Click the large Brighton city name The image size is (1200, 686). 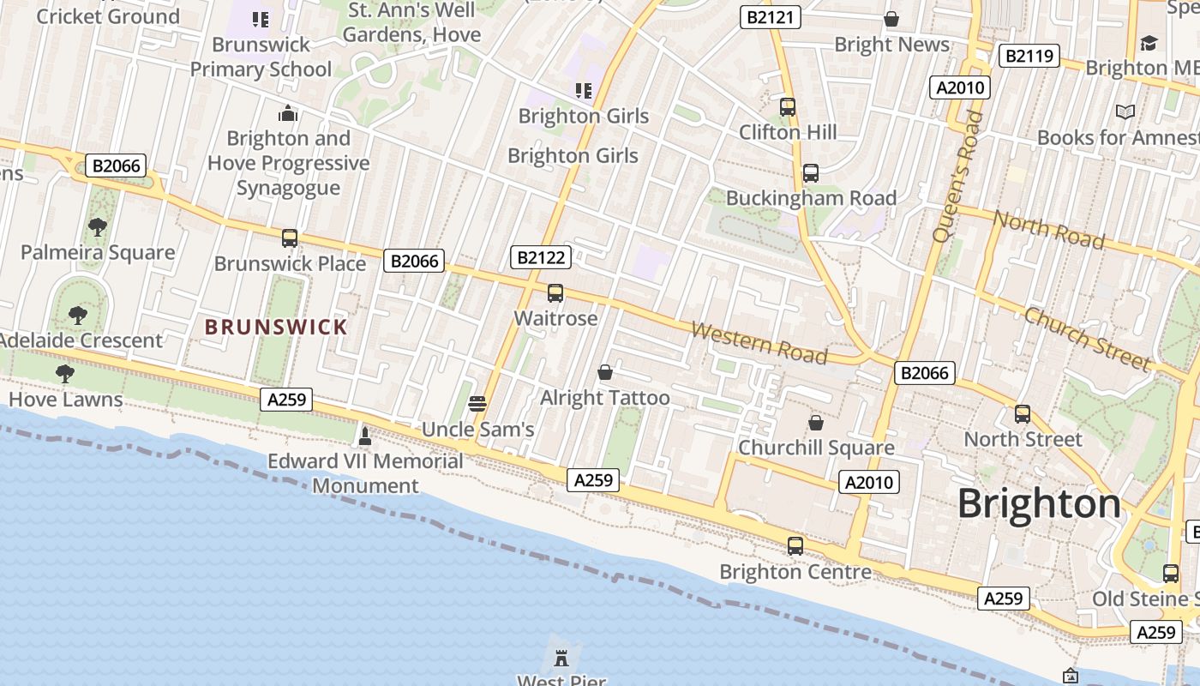(1039, 503)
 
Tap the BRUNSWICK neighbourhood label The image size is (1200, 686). (276, 327)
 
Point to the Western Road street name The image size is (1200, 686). (759, 343)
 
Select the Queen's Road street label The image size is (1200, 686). (957, 177)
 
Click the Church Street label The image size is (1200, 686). (1087, 340)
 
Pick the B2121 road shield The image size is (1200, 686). (770, 17)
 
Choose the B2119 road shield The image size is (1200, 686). (1029, 57)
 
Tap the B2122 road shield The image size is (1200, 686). (540, 257)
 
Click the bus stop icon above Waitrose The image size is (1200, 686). (555, 293)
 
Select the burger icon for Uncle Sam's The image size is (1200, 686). (478, 404)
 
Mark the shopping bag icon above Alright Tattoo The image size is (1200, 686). (605, 372)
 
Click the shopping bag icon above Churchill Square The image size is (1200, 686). (816, 423)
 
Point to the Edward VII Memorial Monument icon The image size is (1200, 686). (365, 436)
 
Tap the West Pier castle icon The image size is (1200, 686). (561, 659)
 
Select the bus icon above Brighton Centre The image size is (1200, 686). (795, 546)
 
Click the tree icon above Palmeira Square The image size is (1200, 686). (98, 227)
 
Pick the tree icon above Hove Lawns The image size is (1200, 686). (64, 374)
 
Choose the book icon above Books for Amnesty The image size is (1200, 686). (1125, 112)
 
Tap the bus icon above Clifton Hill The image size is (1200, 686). (788, 107)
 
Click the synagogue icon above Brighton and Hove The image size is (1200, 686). (288, 113)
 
